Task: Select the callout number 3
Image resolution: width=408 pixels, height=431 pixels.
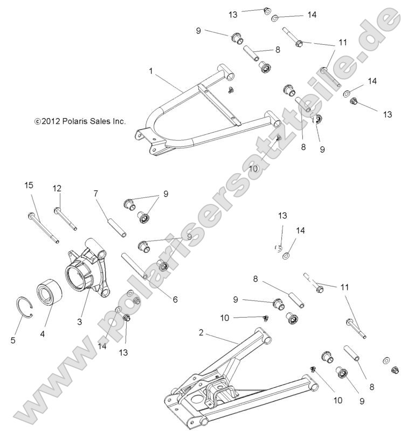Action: pos(79,321)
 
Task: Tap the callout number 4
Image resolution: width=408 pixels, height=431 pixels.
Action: pos(43,333)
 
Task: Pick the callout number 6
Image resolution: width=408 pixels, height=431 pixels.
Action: pos(175,299)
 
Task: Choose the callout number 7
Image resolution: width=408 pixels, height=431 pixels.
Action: pos(95,194)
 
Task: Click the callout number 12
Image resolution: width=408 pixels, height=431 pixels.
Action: pos(57,188)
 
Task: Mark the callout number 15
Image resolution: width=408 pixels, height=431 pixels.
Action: pos(29,186)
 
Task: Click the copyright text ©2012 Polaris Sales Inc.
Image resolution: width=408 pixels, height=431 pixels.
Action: pos(80,122)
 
